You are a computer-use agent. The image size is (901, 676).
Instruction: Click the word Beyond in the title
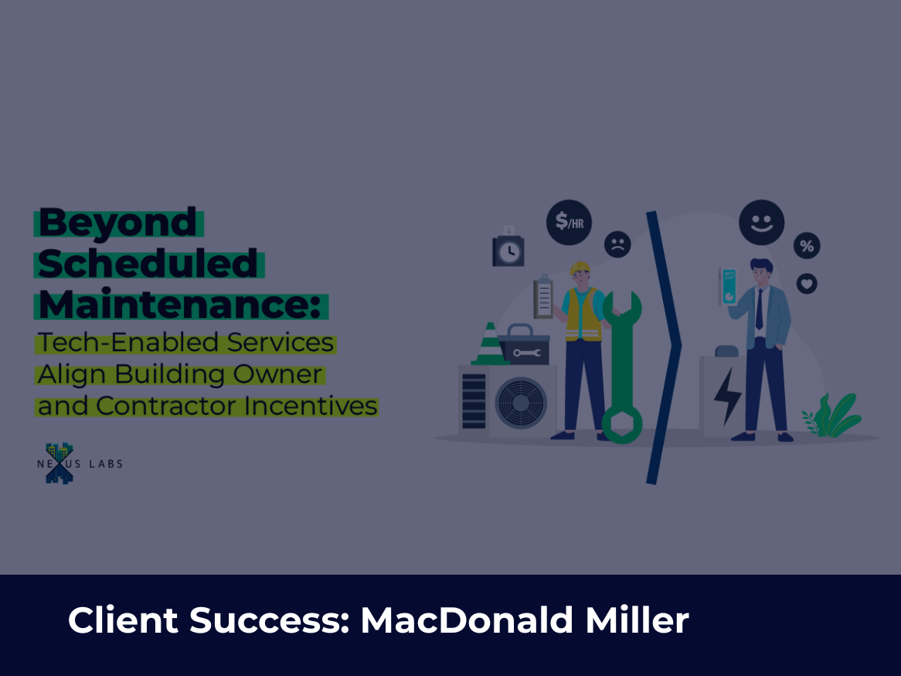[117, 223]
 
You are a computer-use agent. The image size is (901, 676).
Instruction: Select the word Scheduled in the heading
[148, 264]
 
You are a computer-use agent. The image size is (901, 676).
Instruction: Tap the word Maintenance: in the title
[180, 304]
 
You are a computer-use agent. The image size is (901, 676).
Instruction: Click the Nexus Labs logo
[80, 463]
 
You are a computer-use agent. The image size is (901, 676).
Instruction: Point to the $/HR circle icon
[569, 223]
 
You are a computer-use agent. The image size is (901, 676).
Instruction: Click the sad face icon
[617, 244]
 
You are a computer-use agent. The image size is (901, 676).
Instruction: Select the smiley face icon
[762, 223]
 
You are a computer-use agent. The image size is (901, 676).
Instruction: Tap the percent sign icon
[807, 246]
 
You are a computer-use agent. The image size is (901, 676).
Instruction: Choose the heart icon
[807, 284]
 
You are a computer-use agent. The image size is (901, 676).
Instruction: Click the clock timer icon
[508, 248]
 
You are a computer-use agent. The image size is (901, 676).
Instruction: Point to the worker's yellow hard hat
[580, 268]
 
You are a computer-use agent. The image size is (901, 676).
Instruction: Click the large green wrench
[622, 367]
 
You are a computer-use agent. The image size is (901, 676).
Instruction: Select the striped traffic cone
[490, 344]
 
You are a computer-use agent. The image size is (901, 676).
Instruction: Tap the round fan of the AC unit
[521, 403]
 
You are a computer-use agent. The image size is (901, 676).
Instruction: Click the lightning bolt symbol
[727, 396]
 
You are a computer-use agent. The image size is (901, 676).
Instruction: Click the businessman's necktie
[760, 309]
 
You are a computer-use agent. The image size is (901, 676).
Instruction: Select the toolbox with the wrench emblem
[524, 344]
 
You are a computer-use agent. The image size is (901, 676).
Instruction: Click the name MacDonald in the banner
[467, 620]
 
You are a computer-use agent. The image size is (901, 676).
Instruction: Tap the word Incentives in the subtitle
[311, 405]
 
